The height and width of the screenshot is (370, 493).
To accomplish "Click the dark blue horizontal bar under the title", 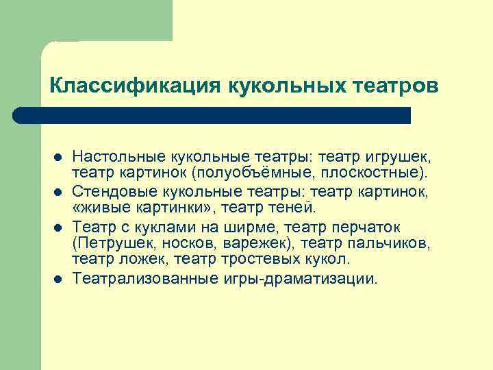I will [212, 115].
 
